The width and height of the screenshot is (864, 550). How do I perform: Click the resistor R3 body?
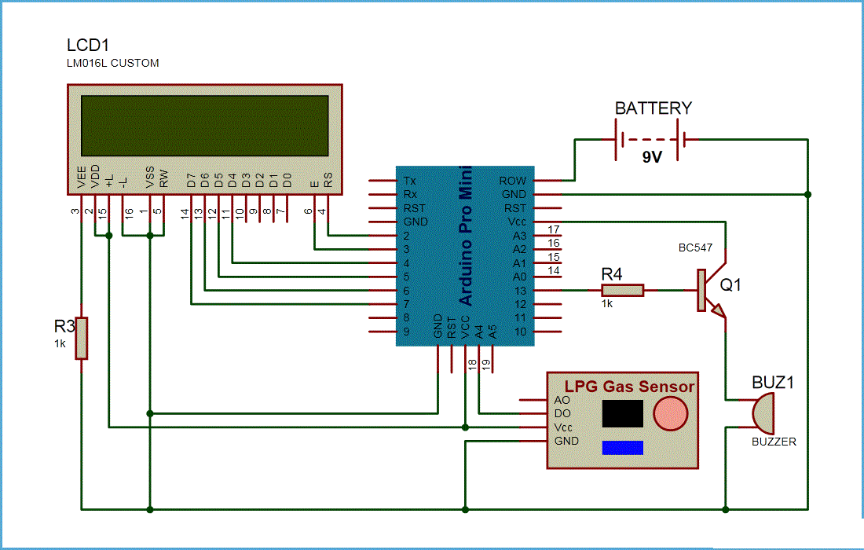click(x=81, y=338)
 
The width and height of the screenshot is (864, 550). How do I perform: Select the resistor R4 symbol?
click(x=623, y=291)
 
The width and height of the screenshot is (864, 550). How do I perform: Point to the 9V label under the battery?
click(x=652, y=157)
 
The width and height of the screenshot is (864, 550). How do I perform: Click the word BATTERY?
click(x=653, y=108)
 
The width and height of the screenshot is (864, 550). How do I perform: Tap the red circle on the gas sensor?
click(x=670, y=413)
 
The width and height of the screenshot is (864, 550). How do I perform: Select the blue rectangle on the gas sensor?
click(x=622, y=447)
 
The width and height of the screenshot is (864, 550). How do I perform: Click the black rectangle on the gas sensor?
click(x=622, y=413)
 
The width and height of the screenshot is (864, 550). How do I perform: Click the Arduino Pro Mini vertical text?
click(x=466, y=236)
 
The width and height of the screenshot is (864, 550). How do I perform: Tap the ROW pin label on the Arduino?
click(x=513, y=181)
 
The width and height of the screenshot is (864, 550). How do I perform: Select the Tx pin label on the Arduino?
click(x=410, y=181)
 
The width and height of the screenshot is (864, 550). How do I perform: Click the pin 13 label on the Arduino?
click(x=519, y=291)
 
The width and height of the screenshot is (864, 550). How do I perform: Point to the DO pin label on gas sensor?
click(x=562, y=413)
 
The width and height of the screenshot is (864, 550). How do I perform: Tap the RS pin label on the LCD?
click(x=328, y=181)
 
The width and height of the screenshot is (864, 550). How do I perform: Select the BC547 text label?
click(x=695, y=247)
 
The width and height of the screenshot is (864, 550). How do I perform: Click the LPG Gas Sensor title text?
click(x=626, y=386)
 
